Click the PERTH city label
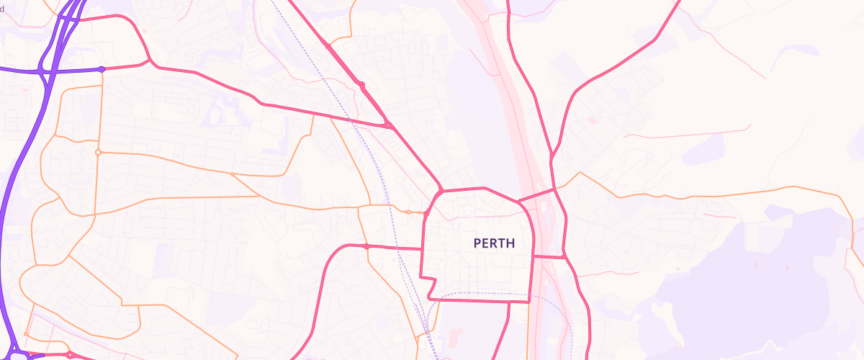494,243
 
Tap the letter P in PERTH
477,243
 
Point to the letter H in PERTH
510,243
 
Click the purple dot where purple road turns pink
102,69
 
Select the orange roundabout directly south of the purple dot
98,152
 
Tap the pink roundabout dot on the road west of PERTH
366,246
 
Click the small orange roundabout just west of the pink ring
408,212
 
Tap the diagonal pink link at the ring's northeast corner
536,195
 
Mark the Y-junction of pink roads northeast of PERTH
552,154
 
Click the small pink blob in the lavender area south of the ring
455,334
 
